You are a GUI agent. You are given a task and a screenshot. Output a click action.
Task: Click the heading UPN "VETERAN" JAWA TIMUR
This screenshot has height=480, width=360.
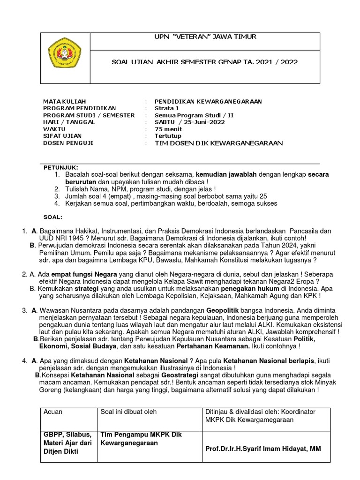click(205, 37)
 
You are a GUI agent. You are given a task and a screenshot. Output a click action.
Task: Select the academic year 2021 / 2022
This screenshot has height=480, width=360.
click(275, 62)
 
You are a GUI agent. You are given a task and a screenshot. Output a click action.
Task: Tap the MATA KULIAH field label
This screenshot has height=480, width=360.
click(65, 101)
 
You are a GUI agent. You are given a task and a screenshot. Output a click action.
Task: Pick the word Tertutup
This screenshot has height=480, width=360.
click(168, 136)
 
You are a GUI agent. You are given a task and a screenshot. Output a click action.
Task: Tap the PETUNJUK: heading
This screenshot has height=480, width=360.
click(61, 167)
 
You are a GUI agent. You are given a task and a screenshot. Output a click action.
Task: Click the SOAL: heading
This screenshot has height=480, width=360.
click(52, 217)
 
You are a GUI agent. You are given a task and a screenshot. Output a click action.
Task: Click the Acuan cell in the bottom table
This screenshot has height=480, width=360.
click(52, 412)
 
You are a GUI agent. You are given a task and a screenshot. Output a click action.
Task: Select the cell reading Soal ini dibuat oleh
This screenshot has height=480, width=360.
click(129, 412)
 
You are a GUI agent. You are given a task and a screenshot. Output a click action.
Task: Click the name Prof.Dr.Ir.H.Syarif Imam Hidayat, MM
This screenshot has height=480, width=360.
click(263, 449)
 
